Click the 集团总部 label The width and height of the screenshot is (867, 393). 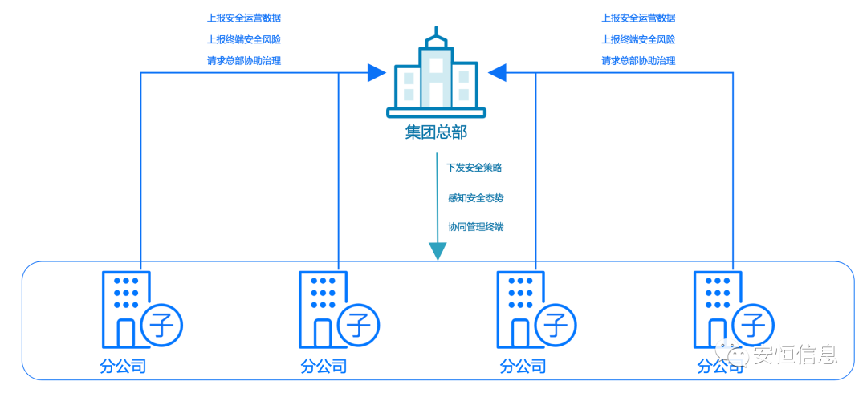pyautogui.click(x=436, y=132)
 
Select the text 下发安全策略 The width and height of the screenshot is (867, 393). pyautogui.click(x=474, y=168)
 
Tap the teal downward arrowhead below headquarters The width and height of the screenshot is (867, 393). pyautogui.click(x=437, y=251)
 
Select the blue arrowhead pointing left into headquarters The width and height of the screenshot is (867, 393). pyautogui.click(x=498, y=73)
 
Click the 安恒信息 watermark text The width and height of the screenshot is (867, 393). pyautogui.click(x=795, y=354)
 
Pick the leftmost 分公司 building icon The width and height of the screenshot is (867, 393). pyautogui.click(x=122, y=309)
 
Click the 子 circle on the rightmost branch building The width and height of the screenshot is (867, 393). pyautogui.click(x=754, y=326)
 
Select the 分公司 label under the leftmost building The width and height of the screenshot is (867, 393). pyautogui.click(x=123, y=367)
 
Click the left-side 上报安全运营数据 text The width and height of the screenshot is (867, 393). pyautogui.click(x=244, y=18)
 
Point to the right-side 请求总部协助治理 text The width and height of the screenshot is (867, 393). pyautogui.click(x=638, y=60)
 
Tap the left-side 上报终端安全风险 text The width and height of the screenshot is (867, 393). pyautogui.click(x=244, y=39)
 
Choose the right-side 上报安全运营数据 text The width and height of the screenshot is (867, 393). pyautogui.click(x=638, y=18)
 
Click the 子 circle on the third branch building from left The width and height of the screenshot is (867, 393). pyautogui.click(x=556, y=326)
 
